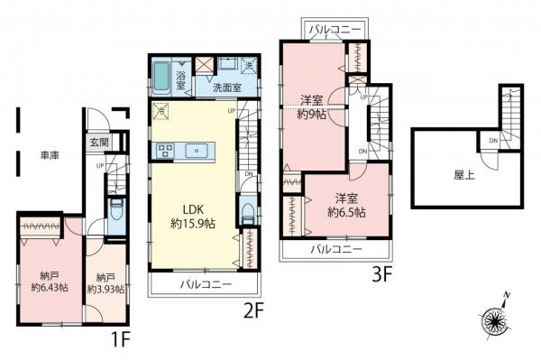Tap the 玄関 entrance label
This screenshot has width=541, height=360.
coord(98,143)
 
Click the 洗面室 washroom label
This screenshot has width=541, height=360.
coord(226,88)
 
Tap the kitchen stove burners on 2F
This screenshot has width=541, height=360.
coord(166,151)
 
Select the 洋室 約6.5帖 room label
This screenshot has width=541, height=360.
coord(346,204)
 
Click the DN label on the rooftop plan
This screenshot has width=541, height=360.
coord(493,142)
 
